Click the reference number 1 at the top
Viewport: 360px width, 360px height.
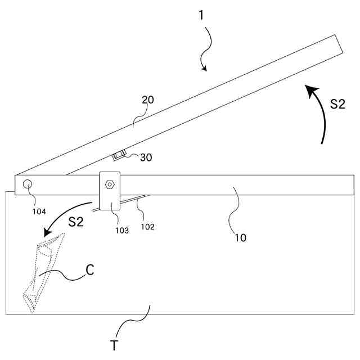coord(201,15)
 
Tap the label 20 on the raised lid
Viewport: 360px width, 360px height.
coord(147,100)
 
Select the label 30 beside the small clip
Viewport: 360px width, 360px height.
coord(146,158)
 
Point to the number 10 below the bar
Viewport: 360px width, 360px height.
coord(240,237)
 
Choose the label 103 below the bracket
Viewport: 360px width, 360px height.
coord(122,230)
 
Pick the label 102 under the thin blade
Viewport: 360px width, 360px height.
coord(147,227)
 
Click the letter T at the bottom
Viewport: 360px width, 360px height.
coord(114,345)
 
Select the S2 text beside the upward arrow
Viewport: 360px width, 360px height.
coord(337,103)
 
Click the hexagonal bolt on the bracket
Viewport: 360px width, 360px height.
coord(109,183)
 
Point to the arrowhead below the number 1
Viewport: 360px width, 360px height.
coord(204,69)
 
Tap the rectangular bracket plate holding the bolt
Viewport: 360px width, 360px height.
coord(110,191)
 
